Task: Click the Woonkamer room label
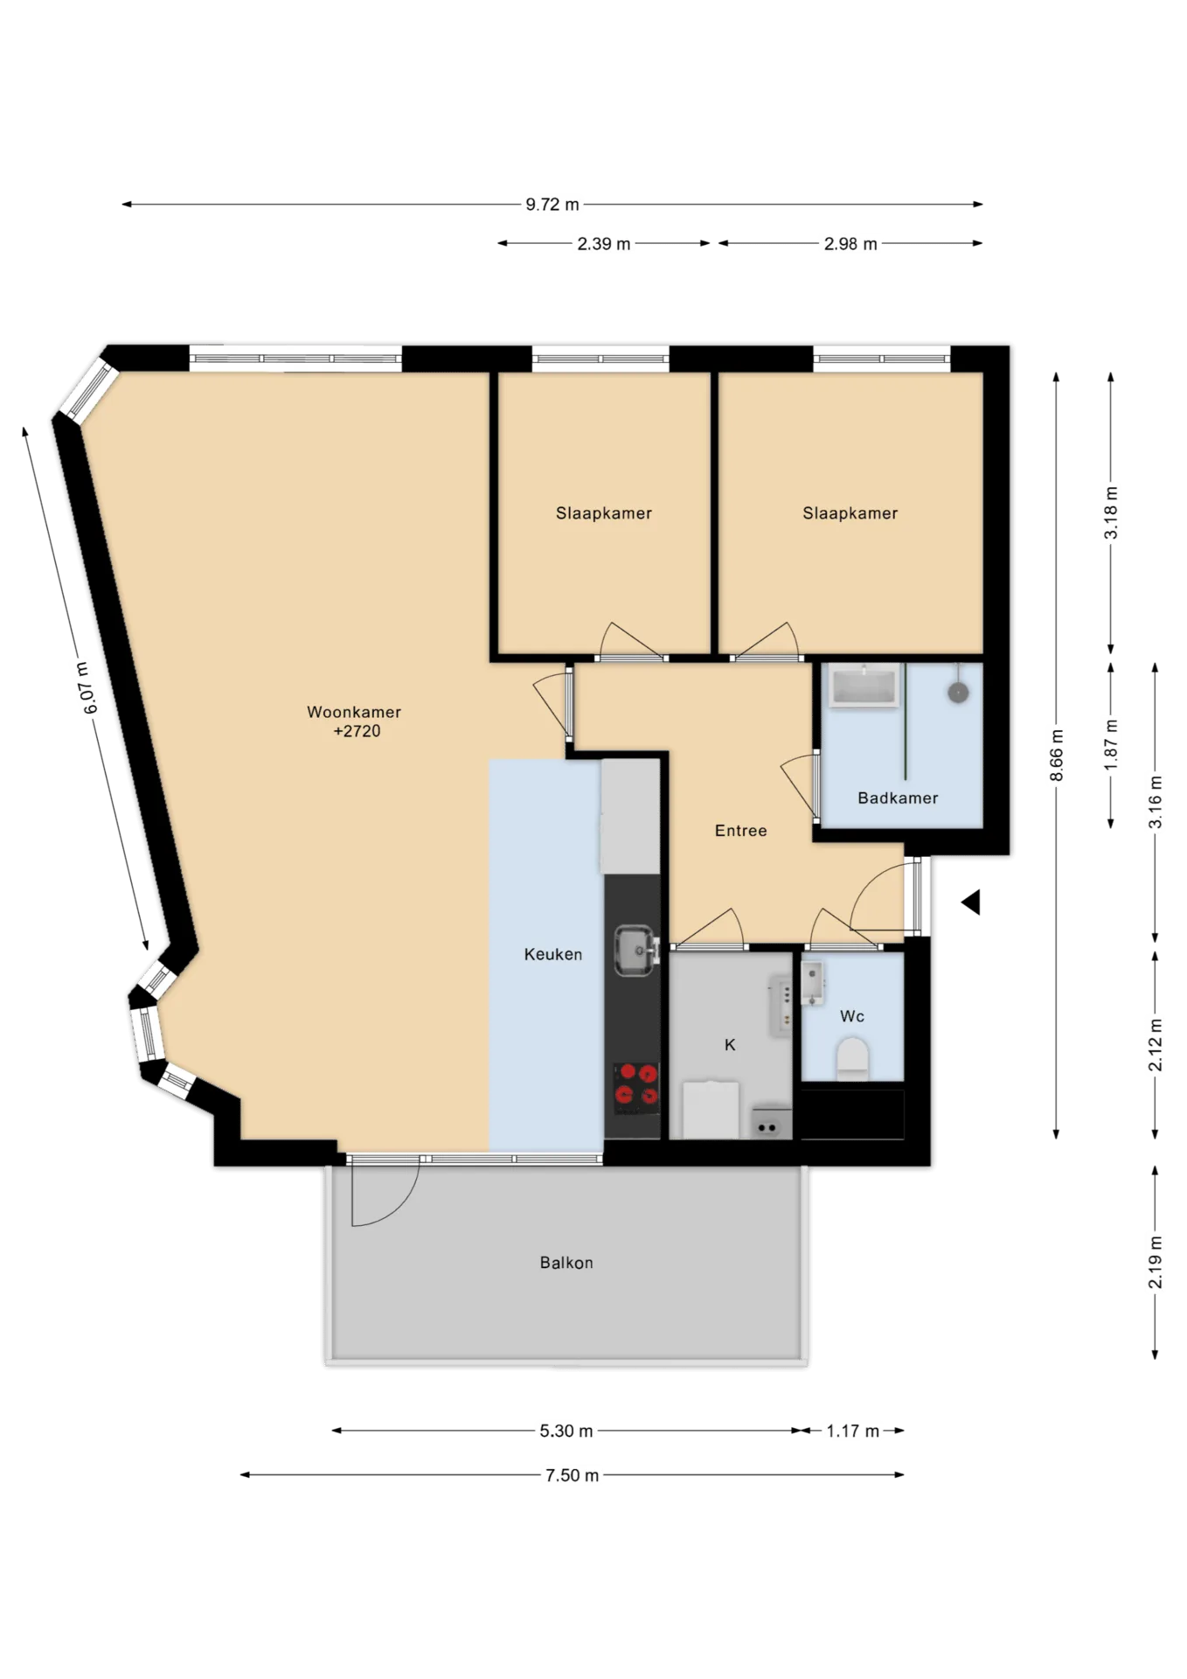[354, 712]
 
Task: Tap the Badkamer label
[898, 798]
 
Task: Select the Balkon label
[566, 1263]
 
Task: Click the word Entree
[741, 831]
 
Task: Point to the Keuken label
[553, 954]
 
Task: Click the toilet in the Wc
[852, 1059]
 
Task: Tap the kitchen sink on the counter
[636, 951]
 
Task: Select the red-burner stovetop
[636, 1088]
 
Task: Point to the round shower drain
[959, 693]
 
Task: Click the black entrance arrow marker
[971, 902]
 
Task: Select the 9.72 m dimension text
[552, 205]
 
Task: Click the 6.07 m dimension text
[87, 688]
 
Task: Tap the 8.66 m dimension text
[1057, 756]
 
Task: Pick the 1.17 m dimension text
[853, 1432]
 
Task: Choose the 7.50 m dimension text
[573, 1476]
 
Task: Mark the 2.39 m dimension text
[604, 244]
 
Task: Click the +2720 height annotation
[357, 732]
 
